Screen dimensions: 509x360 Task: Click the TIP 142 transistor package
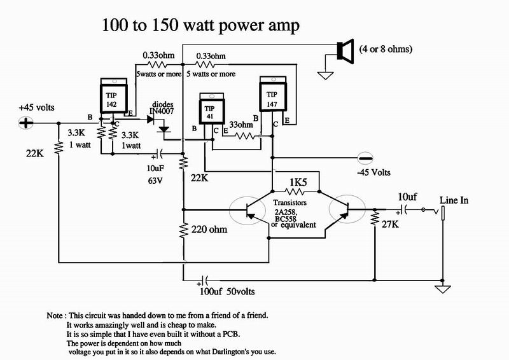114,96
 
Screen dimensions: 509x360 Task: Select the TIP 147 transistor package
273,93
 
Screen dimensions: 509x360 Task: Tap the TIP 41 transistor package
212,108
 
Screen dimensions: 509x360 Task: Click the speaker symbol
345,51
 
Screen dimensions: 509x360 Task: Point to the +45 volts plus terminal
25,123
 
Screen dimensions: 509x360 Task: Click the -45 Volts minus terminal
365,158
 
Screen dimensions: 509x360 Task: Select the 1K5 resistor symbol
295,191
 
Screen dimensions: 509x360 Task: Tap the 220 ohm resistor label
209,230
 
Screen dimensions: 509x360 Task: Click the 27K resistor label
390,224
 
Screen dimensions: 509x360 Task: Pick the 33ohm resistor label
241,124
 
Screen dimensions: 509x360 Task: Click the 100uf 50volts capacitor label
227,291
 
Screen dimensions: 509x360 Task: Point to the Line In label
454,200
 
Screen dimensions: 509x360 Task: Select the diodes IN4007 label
162,107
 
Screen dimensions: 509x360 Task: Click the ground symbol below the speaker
325,75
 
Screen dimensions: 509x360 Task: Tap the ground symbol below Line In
443,289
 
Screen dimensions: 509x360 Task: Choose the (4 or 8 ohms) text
386,49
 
